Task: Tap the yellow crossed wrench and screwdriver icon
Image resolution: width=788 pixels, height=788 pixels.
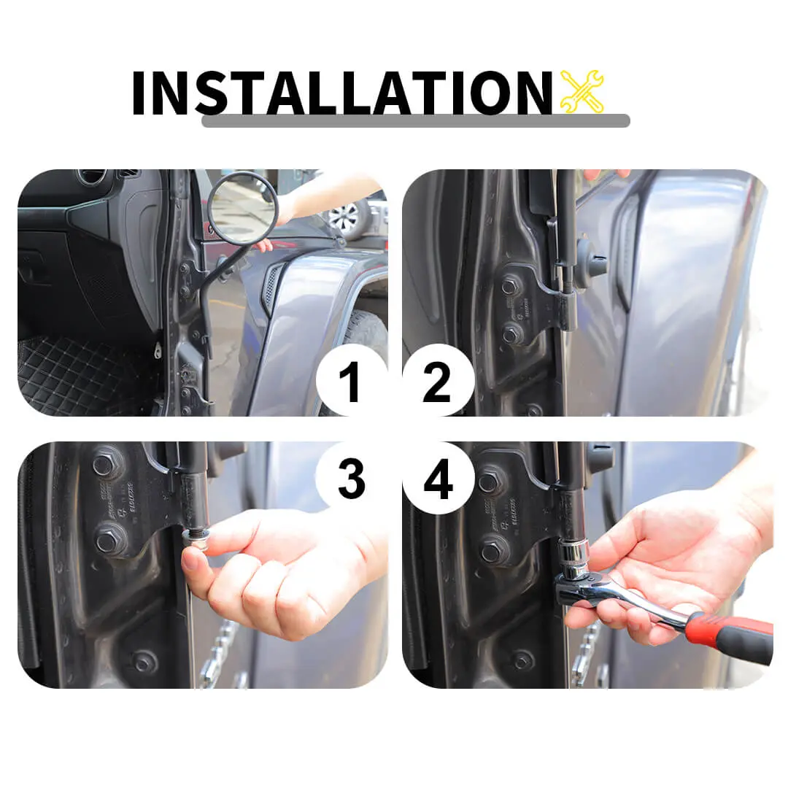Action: tap(582, 91)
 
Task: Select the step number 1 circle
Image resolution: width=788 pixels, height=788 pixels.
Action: tap(351, 380)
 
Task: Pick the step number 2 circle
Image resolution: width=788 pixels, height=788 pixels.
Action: tap(438, 380)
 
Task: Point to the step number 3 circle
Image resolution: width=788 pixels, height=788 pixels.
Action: tap(351, 478)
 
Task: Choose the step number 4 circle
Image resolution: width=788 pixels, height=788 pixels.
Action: tap(438, 478)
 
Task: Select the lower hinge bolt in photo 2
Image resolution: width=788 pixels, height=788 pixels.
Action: tap(511, 334)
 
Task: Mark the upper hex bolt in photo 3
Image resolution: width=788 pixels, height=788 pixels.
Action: tap(104, 465)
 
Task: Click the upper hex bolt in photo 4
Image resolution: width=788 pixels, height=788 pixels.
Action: tap(488, 482)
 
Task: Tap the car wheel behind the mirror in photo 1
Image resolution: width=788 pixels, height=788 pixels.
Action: tap(349, 216)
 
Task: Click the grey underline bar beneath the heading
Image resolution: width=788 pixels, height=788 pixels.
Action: tap(416, 120)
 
